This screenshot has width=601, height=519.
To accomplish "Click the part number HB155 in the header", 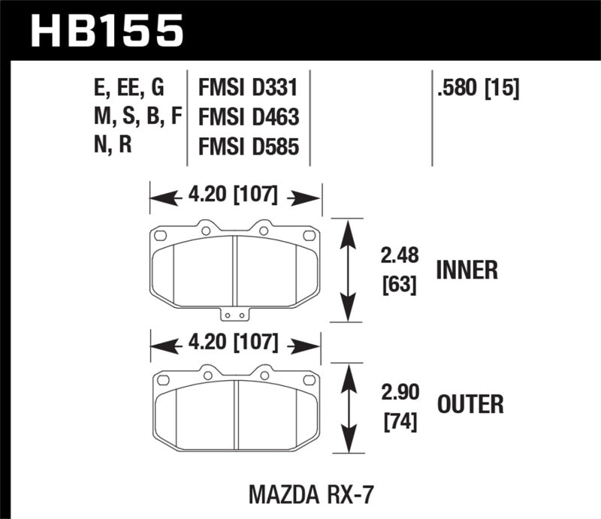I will pos(105,32).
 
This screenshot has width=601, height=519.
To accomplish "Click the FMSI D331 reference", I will pos(249,89).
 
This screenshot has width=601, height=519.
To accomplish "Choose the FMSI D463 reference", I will pos(249,117).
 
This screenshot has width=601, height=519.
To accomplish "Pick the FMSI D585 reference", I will pos(249,146).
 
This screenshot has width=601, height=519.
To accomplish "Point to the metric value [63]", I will pos(398,285).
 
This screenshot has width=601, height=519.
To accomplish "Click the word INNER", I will pos(467,270).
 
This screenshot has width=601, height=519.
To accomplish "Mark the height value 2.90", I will pos(399,391).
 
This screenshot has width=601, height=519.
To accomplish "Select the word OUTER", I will pos(470,406).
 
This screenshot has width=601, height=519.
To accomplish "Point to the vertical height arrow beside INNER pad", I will pos(346,270).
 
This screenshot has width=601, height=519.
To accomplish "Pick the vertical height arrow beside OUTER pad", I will pos(346,409).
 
